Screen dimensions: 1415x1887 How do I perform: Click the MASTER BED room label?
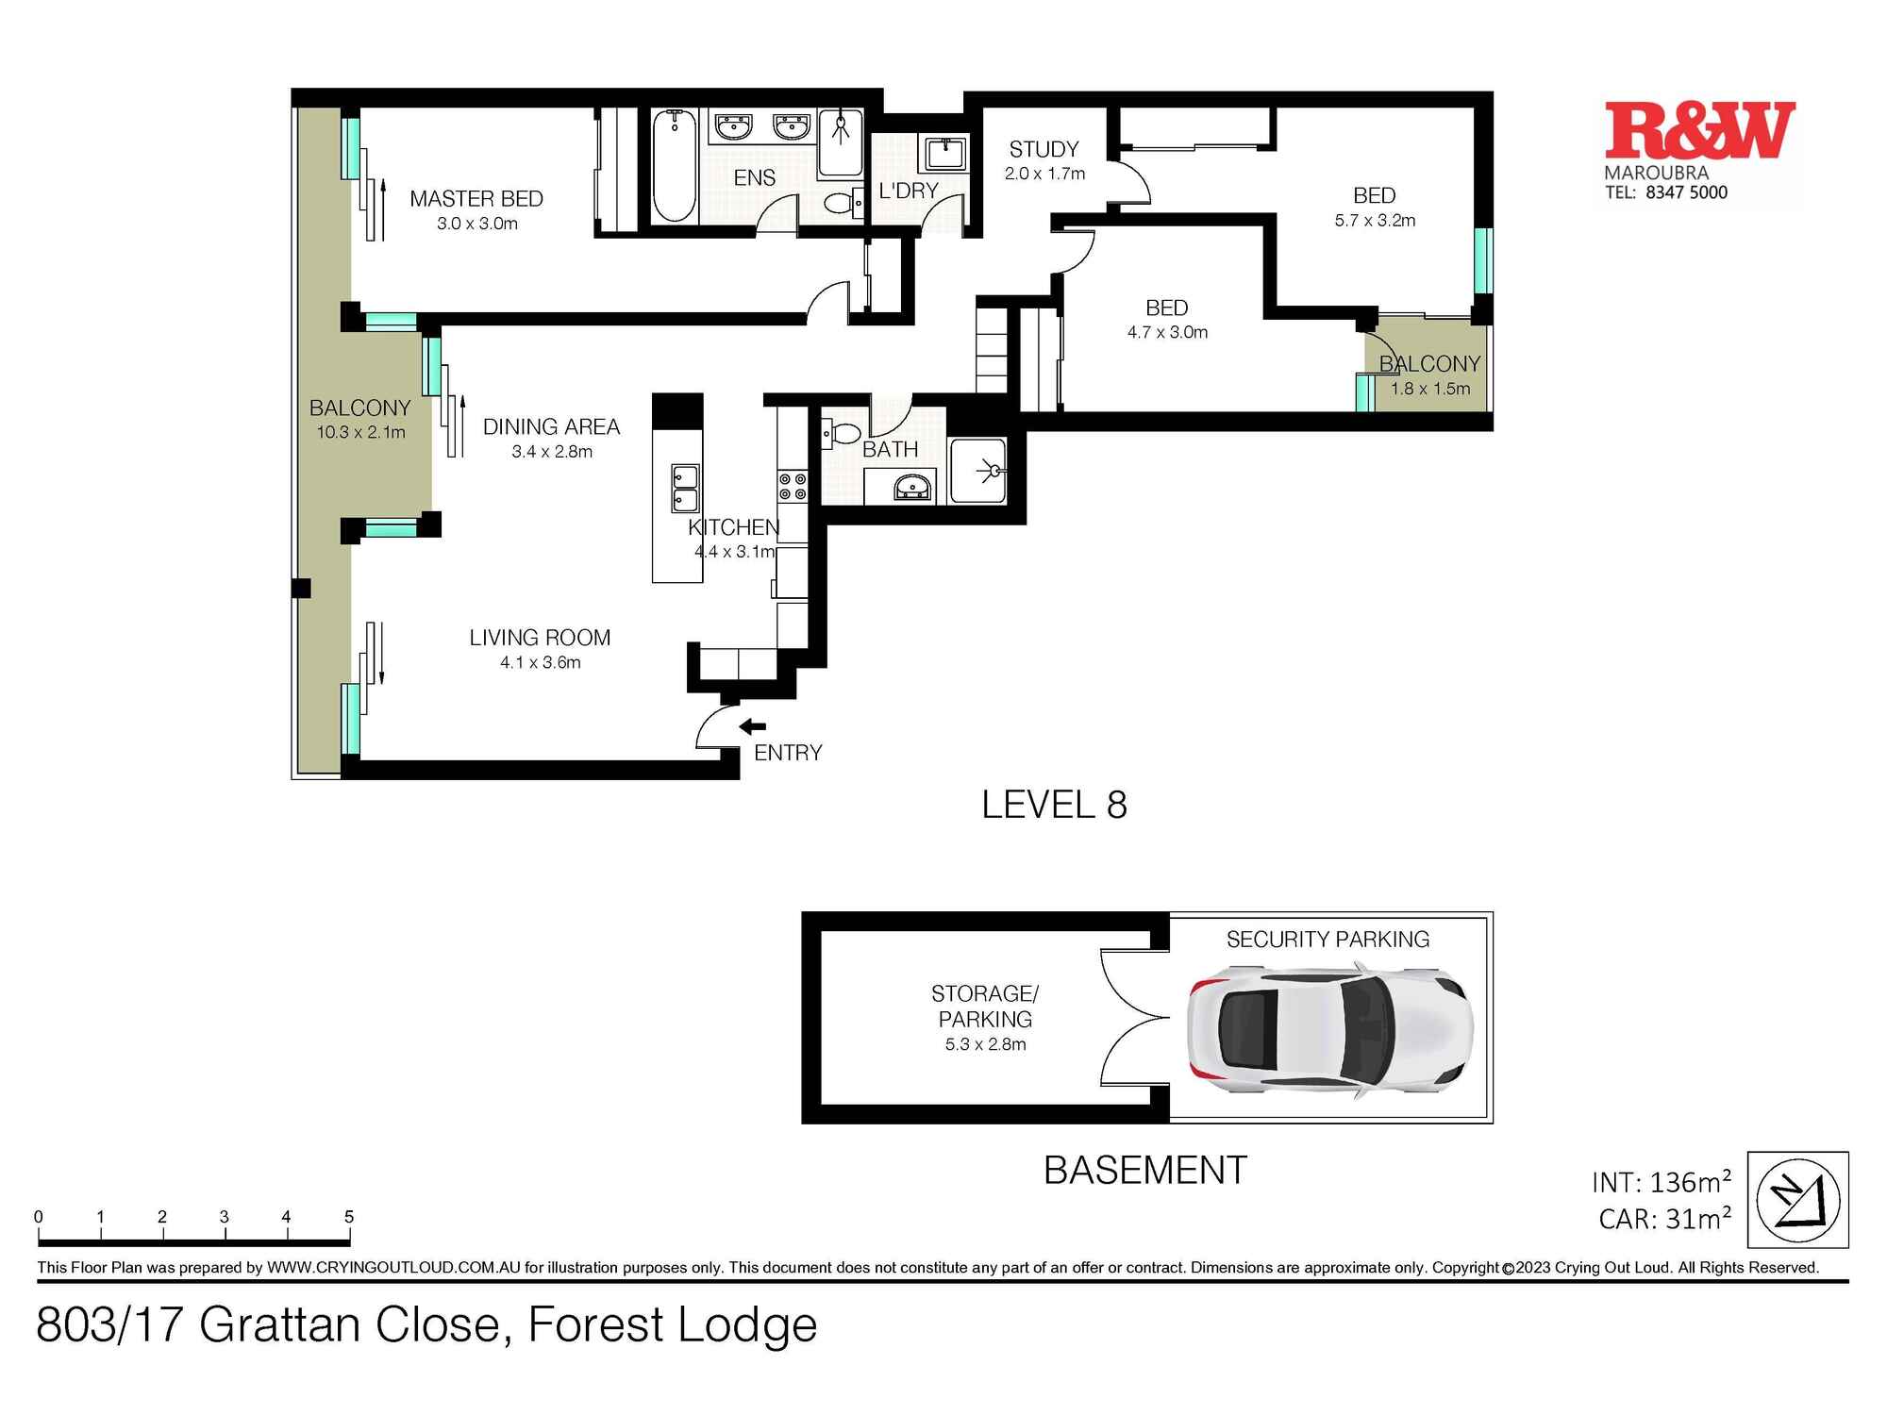[x=476, y=199]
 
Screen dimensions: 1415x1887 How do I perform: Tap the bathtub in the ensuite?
[x=675, y=166]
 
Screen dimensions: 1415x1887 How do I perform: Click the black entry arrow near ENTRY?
[x=752, y=726]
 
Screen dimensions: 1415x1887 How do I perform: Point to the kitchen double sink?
[x=685, y=488]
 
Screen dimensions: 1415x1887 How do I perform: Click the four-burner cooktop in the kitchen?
[x=793, y=487]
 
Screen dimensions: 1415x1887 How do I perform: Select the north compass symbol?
[x=1798, y=1200]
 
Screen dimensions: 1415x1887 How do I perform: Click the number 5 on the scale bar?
[x=348, y=1217]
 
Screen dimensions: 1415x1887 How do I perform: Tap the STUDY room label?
[x=1044, y=150]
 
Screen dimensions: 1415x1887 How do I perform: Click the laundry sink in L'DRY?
[x=944, y=152]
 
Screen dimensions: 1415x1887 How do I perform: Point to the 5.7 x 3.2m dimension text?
[x=1375, y=221]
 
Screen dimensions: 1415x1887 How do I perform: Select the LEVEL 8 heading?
[x=1054, y=805]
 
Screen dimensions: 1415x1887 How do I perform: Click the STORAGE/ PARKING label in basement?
[x=985, y=1007]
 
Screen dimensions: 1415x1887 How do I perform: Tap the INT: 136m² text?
[x=1661, y=1182]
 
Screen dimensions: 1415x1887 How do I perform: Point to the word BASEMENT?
[x=1144, y=1171]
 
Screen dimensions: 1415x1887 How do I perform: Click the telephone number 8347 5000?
[x=1686, y=192]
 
